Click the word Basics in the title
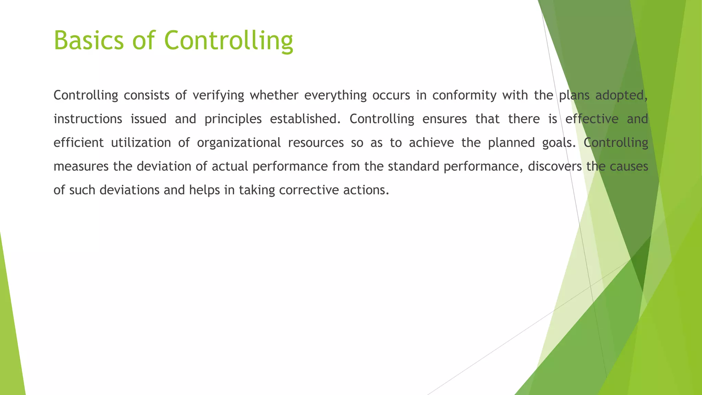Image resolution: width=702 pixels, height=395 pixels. (88, 40)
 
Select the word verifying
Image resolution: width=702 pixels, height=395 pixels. (218, 95)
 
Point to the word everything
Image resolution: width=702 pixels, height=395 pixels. (335, 95)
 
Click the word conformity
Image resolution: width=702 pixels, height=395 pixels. (464, 95)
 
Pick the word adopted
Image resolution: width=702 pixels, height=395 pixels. (621, 95)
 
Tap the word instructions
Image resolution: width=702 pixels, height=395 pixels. (88, 119)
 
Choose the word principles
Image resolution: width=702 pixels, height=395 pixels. (233, 119)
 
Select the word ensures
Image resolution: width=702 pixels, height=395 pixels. (445, 119)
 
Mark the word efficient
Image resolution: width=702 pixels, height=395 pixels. (78, 143)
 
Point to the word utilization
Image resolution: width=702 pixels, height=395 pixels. (141, 143)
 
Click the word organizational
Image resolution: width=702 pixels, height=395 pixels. (239, 143)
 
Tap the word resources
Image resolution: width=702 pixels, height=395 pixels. (316, 143)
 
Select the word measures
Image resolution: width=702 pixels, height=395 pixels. (81, 167)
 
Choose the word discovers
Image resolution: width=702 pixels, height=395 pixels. (555, 166)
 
